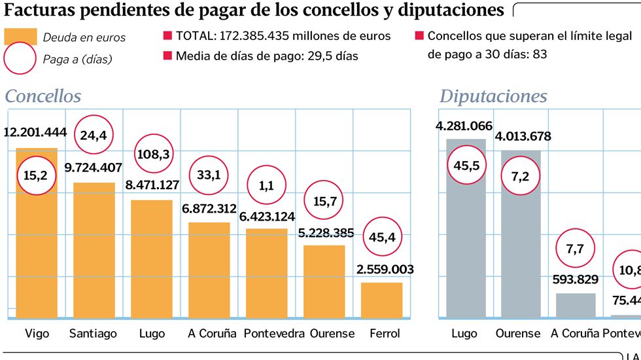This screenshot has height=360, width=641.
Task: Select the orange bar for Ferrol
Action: [x=381, y=300]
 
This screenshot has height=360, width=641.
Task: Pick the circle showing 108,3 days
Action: [x=154, y=155]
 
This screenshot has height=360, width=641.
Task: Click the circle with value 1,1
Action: [x=266, y=186]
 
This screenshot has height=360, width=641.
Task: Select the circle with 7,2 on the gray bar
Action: [x=521, y=178]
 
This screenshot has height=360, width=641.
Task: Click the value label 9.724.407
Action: [x=94, y=167]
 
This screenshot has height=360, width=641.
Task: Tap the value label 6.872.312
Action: [x=209, y=208]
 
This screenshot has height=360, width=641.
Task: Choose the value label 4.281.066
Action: [x=466, y=126]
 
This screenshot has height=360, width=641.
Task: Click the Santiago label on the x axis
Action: [x=94, y=333]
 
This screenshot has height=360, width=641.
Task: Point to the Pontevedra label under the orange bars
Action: [x=274, y=333]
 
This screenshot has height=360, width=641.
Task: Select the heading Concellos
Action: [x=43, y=96]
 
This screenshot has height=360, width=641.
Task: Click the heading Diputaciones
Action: [x=493, y=96]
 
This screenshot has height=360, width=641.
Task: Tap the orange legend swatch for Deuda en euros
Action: [x=20, y=37]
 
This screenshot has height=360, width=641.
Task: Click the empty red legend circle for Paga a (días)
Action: [x=20, y=59]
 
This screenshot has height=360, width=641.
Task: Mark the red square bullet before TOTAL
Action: [x=167, y=36]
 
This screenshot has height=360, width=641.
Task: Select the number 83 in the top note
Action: [x=540, y=54]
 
